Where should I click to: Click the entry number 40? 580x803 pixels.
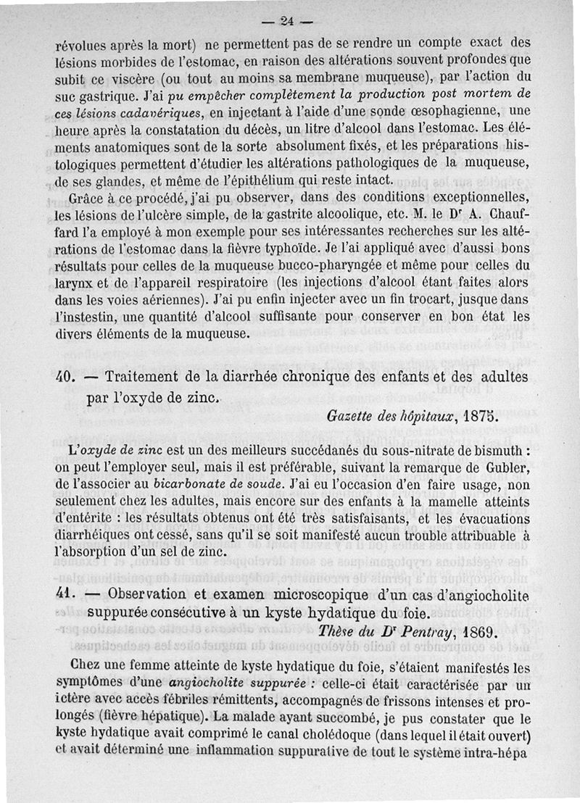pos(67,378)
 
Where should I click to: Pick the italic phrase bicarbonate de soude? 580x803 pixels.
pos(221,485)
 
